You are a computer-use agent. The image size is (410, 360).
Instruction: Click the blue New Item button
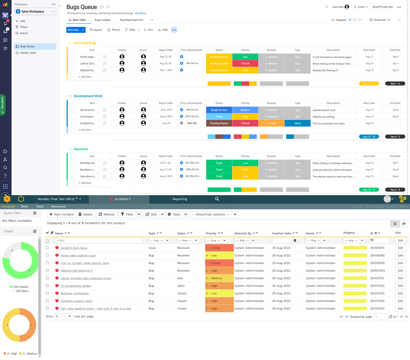point(73,30)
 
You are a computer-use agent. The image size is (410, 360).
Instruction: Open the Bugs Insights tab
point(102,20)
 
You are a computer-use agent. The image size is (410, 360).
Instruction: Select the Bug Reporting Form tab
point(131,20)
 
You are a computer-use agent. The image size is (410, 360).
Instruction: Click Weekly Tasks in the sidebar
point(28,53)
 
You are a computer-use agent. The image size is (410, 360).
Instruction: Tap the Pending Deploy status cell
point(219,123)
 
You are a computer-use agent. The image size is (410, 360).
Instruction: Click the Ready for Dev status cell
point(219,110)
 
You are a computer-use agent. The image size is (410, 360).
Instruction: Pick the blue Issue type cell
point(297,123)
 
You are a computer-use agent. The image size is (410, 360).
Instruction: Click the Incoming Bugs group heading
point(85,43)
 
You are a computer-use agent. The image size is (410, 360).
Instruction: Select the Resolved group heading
point(81,149)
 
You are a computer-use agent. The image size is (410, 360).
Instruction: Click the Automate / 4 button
point(380,20)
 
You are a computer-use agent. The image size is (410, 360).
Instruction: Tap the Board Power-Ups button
point(383,7)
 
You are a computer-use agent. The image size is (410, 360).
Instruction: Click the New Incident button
point(61,214)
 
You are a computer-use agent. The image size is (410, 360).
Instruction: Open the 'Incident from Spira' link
point(74,248)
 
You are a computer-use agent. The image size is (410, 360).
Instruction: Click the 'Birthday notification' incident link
point(75,294)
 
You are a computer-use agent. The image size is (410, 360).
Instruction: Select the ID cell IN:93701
point(377,278)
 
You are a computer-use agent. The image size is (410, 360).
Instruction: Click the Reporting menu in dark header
point(180,199)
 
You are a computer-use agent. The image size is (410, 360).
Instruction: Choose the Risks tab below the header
point(25,207)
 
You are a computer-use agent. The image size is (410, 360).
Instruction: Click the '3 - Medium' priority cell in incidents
point(219,278)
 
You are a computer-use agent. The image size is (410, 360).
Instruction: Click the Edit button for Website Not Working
point(400,271)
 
